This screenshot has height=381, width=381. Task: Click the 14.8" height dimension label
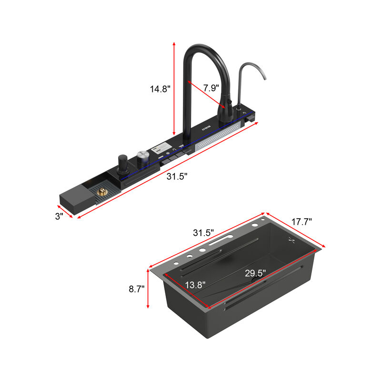pyautogui.click(x=160, y=89)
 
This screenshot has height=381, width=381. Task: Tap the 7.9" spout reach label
pyautogui.click(x=211, y=88)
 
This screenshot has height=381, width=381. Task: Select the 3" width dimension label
pyautogui.click(x=59, y=216)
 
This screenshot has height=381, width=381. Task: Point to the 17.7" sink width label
pyautogui.click(x=301, y=221)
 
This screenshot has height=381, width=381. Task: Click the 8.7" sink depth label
pyautogui.click(x=137, y=289)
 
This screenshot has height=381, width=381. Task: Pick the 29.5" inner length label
pyautogui.click(x=255, y=273)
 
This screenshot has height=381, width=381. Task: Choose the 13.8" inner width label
pyautogui.click(x=195, y=285)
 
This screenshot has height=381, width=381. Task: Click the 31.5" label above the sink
pyautogui.click(x=203, y=232)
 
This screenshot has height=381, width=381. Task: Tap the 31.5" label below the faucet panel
pyautogui.click(x=177, y=176)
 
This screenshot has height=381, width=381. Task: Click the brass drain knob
pyautogui.click(x=102, y=191)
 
